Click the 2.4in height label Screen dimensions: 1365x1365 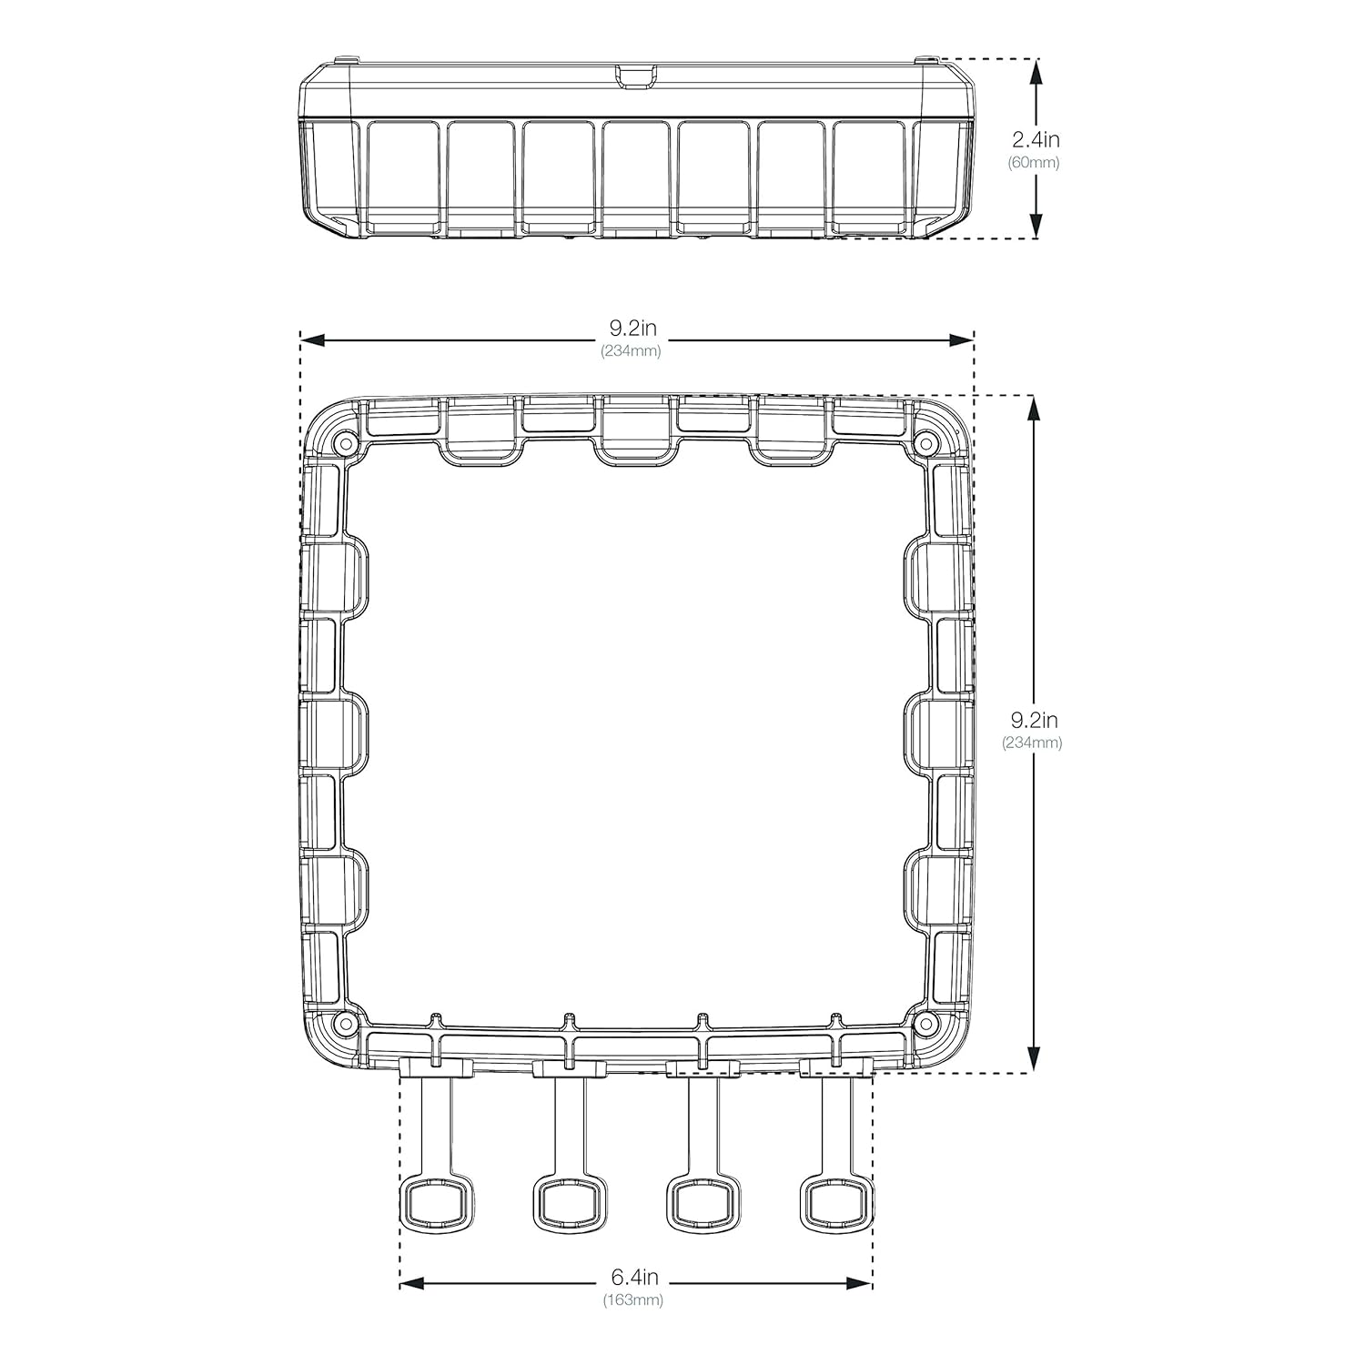click(1036, 140)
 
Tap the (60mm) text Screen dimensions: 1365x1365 click(1034, 163)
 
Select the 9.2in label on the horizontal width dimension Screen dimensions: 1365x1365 click(633, 329)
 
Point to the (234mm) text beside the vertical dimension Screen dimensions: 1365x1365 click(1032, 742)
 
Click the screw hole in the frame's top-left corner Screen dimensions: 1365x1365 click(344, 444)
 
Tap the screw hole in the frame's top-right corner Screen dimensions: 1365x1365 click(925, 444)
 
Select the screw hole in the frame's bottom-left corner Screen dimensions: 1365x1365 click(344, 1024)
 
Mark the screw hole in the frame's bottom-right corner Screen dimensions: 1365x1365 click(925, 1024)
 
